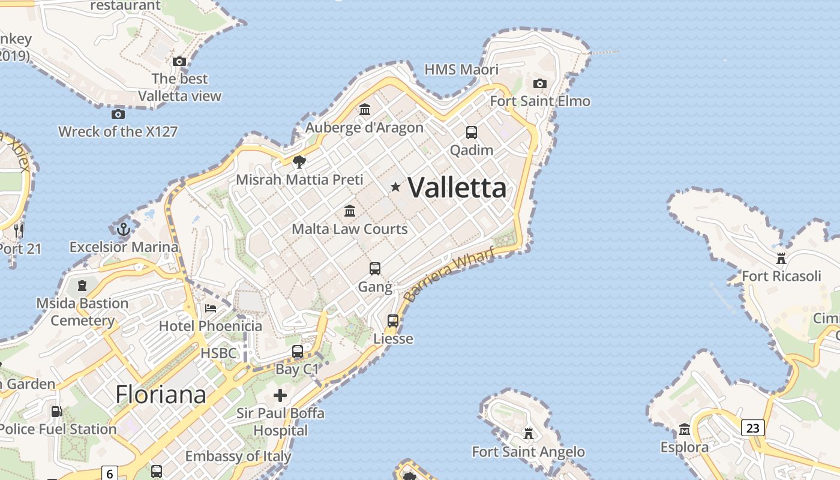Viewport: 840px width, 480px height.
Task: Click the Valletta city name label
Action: [457, 188]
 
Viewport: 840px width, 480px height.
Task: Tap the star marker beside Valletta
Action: [395, 187]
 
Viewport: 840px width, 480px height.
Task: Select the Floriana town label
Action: [161, 395]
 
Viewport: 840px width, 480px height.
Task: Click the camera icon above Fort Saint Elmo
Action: [540, 83]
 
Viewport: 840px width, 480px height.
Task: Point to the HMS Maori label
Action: [461, 70]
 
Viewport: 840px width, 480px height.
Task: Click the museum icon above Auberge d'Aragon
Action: [365, 109]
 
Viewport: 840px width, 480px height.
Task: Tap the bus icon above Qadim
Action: [472, 132]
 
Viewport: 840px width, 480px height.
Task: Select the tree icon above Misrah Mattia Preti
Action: [299, 161]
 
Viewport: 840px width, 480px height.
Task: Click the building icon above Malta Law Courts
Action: [350, 211]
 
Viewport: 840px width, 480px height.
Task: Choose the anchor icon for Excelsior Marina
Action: [123, 229]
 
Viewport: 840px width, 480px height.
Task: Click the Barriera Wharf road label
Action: [449, 275]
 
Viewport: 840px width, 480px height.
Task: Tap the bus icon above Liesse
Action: [393, 321]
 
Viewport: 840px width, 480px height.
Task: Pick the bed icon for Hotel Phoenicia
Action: [211, 308]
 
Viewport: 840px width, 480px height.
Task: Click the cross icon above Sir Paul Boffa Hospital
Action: [280, 395]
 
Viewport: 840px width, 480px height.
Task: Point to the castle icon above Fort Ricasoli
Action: [781, 259]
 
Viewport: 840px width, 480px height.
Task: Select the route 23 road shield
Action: [753, 428]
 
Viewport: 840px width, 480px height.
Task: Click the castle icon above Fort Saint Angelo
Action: [529, 433]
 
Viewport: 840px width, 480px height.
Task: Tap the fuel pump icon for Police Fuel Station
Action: [56, 412]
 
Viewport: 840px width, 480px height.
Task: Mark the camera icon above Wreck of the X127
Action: [118, 114]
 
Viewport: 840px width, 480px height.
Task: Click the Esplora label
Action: [685, 448]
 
